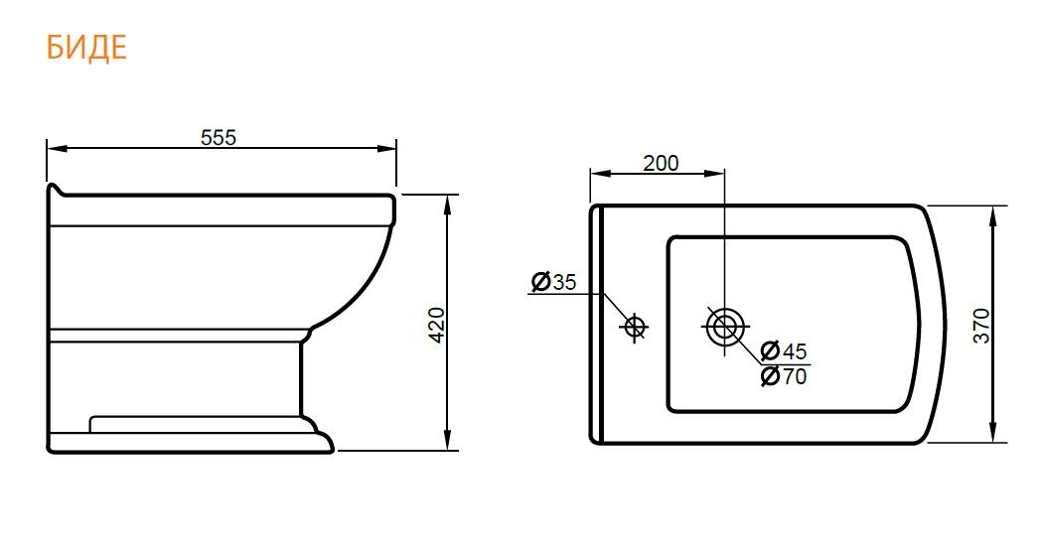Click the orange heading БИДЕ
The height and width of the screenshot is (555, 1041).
86,47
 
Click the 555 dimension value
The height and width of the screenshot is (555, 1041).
219,137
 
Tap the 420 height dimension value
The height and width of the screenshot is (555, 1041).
436,325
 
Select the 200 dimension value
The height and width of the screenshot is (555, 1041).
661,163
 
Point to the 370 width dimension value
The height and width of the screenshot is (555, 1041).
981,326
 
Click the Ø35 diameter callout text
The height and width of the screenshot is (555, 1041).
554,282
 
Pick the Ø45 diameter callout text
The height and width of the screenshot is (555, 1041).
784,349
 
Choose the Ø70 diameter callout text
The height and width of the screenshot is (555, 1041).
784,376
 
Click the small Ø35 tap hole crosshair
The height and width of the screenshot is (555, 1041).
635,326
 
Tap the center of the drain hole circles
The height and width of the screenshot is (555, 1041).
725,326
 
